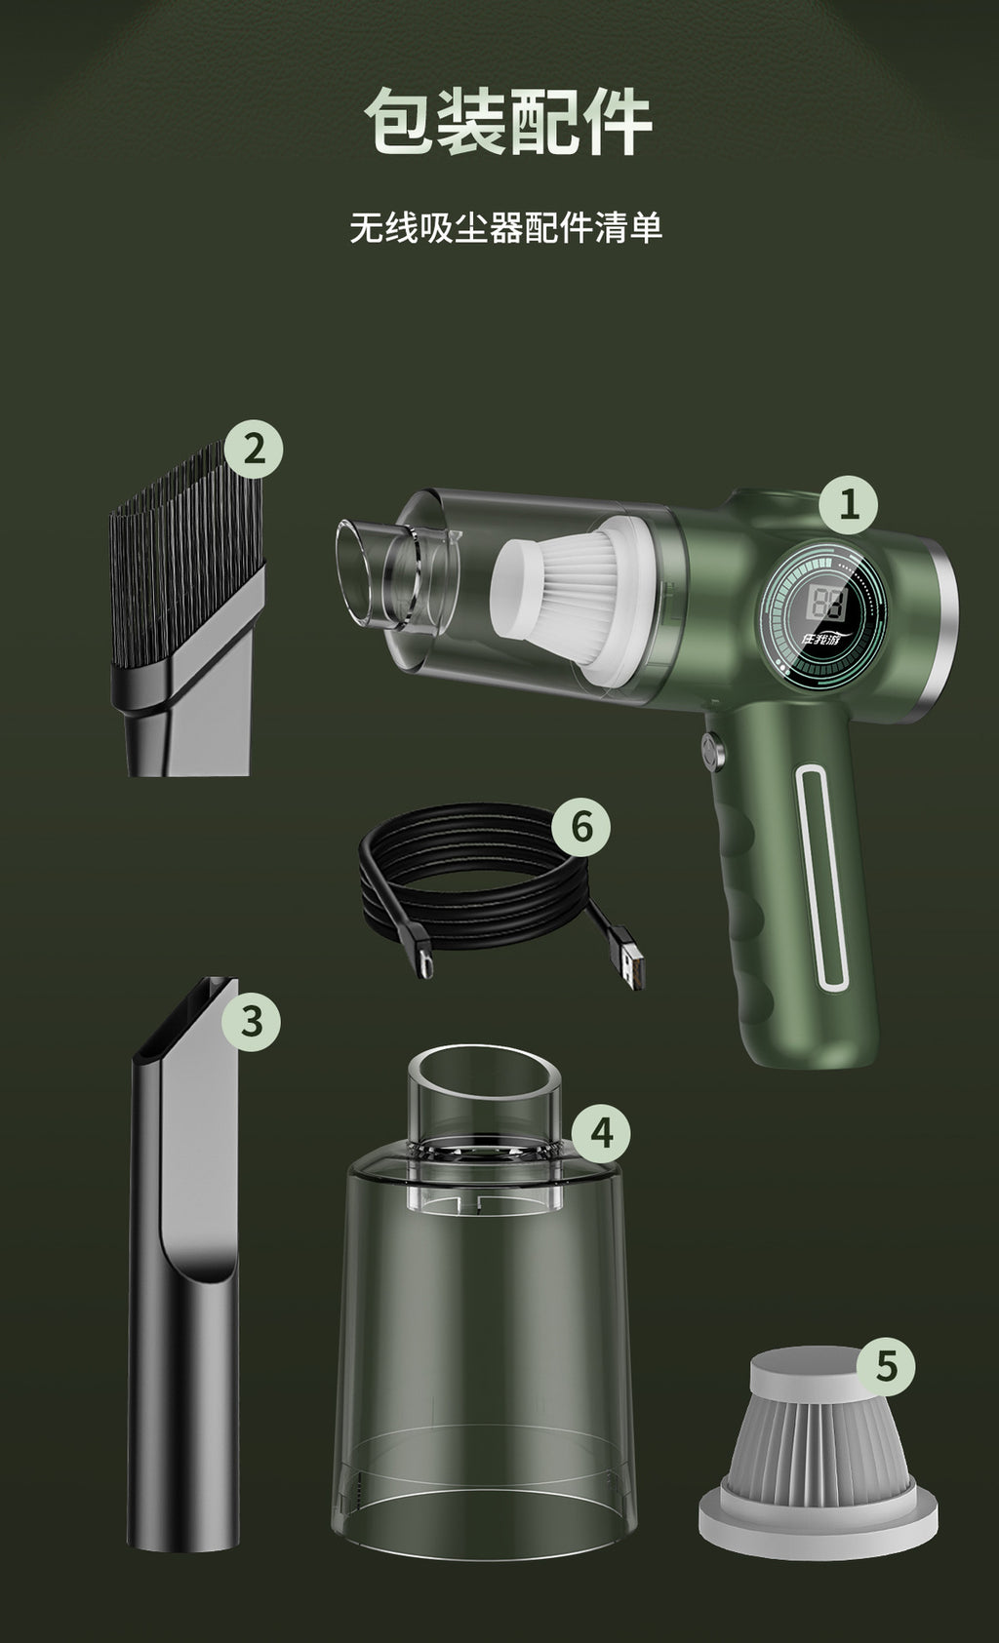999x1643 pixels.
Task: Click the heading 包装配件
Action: tap(506, 122)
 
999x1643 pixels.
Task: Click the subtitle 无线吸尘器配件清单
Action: tap(506, 227)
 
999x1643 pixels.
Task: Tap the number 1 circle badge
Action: tap(847, 504)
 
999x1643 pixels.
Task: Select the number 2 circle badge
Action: tap(254, 450)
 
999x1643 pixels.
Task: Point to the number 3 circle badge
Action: tap(251, 1021)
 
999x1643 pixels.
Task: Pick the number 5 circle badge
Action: tap(885, 1366)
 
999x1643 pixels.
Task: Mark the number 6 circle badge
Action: tap(580, 827)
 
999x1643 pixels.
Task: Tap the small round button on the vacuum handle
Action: tap(712, 752)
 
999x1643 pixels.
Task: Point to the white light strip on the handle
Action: tap(819, 878)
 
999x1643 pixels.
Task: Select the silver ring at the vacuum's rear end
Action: tap(943, 605)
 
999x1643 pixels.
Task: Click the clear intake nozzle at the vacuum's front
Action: tap(366, 575)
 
